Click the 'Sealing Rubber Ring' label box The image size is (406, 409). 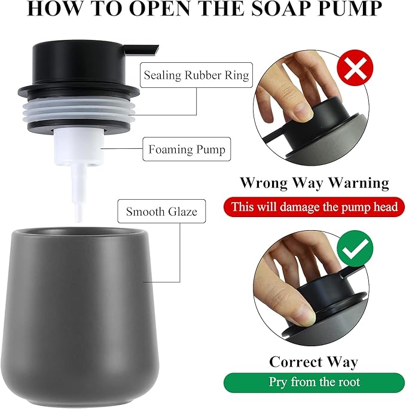(x=196, y=76)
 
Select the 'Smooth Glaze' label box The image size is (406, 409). (x=161, y=211)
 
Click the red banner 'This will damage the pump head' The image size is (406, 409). (x=315, y=207)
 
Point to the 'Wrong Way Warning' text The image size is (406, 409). (x=314, y=182)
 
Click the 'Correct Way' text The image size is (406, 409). (x=313, y=361)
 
